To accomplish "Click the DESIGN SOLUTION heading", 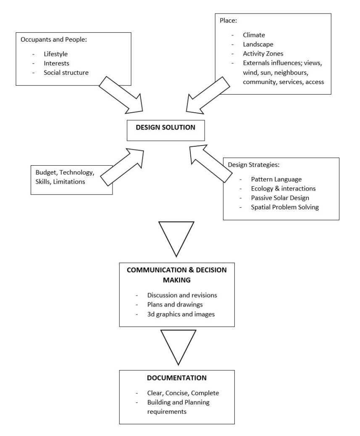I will click(166, 127).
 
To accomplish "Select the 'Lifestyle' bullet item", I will click(55, 54).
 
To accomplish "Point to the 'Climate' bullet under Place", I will click(254, 35).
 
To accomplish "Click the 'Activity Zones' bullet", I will click(263, 54).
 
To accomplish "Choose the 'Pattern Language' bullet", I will click(276, 179).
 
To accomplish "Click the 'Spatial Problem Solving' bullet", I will click(285, 207).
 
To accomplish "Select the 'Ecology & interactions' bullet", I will click(283, 188).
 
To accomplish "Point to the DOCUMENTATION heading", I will click(176, 378).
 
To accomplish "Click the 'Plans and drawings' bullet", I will click(173, 304).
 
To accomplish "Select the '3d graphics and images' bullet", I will click(181, 314).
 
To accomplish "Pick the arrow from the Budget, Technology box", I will click(122, 165).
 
